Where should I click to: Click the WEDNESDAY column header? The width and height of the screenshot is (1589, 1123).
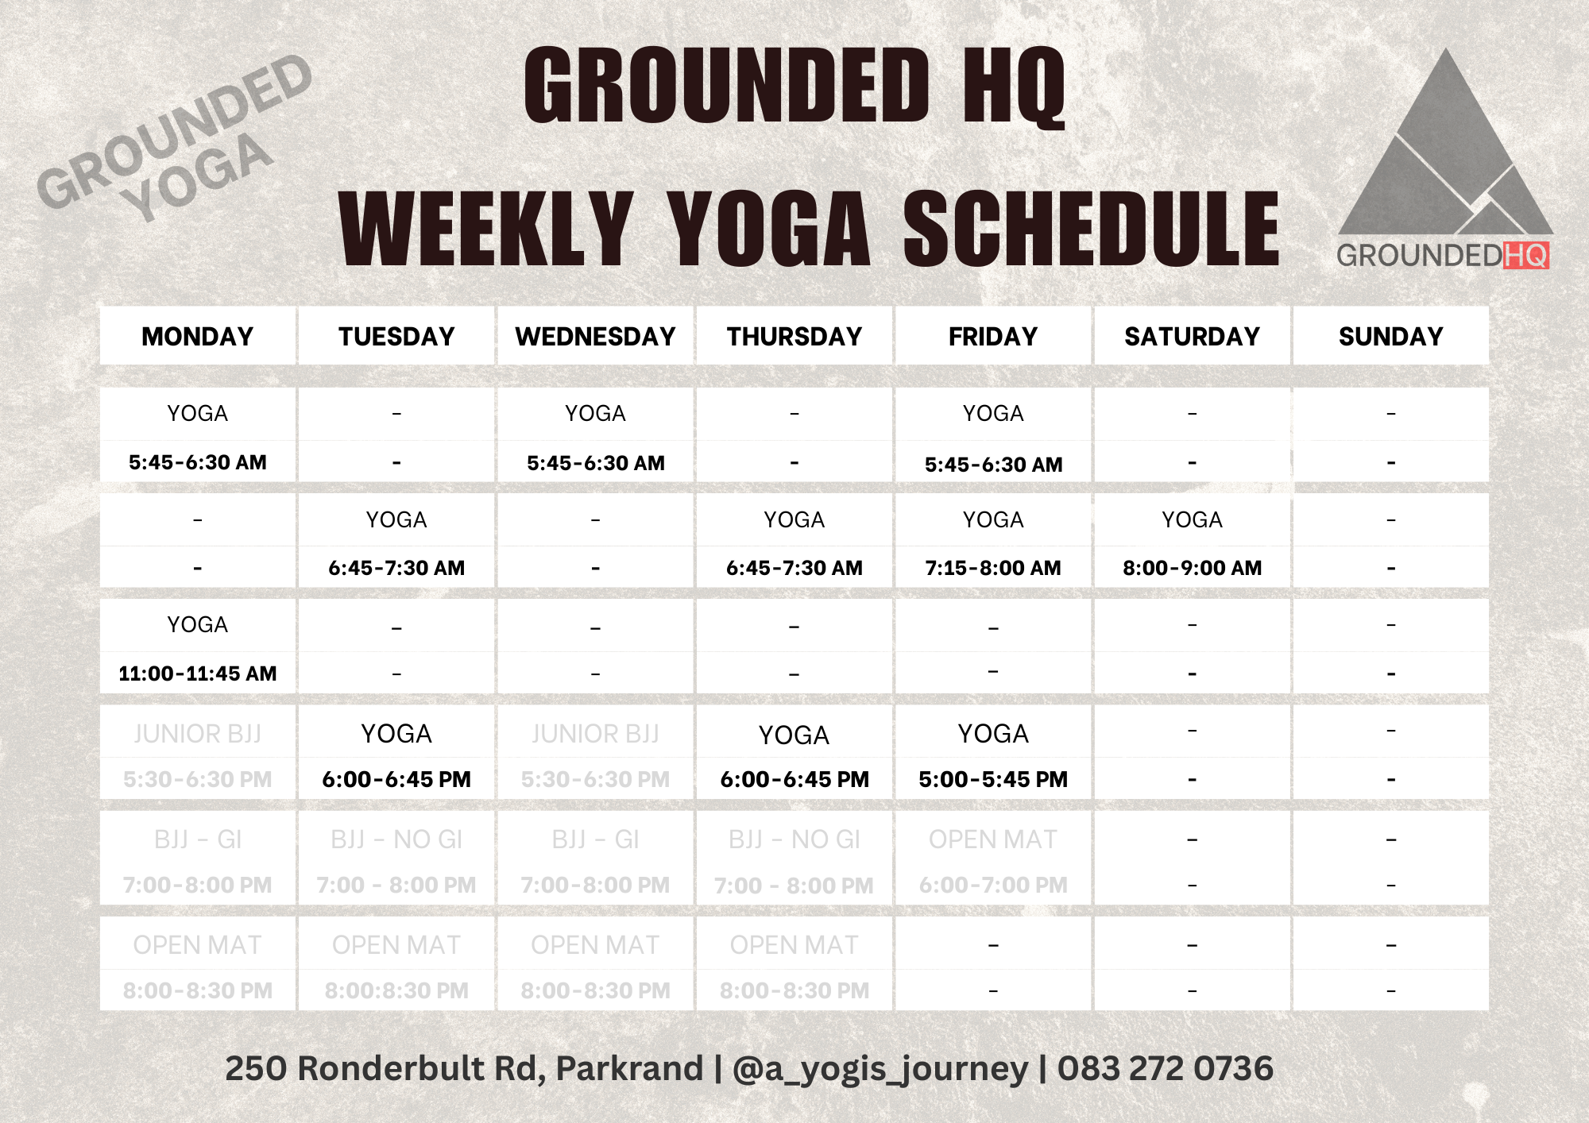coord(595,337)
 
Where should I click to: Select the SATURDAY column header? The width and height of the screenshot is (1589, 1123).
coord(1192,337)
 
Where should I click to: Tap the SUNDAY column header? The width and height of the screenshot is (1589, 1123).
coord(1390,337)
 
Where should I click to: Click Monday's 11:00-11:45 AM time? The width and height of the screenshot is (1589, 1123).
coord(198,673)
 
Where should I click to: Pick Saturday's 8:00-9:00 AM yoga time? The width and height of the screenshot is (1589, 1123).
coord(1192,568)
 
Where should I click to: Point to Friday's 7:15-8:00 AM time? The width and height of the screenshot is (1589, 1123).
coord(993,568)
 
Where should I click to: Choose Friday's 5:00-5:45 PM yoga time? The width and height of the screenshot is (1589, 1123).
coord(993,779)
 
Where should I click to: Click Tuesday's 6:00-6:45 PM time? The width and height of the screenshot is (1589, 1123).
coord(396,779)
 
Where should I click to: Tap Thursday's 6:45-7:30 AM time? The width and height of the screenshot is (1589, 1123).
coord(794,568)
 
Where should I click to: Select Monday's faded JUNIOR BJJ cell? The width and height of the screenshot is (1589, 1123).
coord(198,734)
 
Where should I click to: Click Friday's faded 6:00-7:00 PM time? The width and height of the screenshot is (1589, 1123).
coord(993,885)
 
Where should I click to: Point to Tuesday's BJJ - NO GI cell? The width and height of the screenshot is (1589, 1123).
coord(396,839)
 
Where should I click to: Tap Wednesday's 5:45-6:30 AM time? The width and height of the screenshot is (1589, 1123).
coord(595,463)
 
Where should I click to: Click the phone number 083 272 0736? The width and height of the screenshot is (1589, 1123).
coord(1165,1068)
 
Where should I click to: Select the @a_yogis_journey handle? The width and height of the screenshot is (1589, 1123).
coord(880,1069)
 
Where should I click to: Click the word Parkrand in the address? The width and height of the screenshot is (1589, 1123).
coord(629,1068)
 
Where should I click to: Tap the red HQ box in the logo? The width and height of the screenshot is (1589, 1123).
coord(1525,256)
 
